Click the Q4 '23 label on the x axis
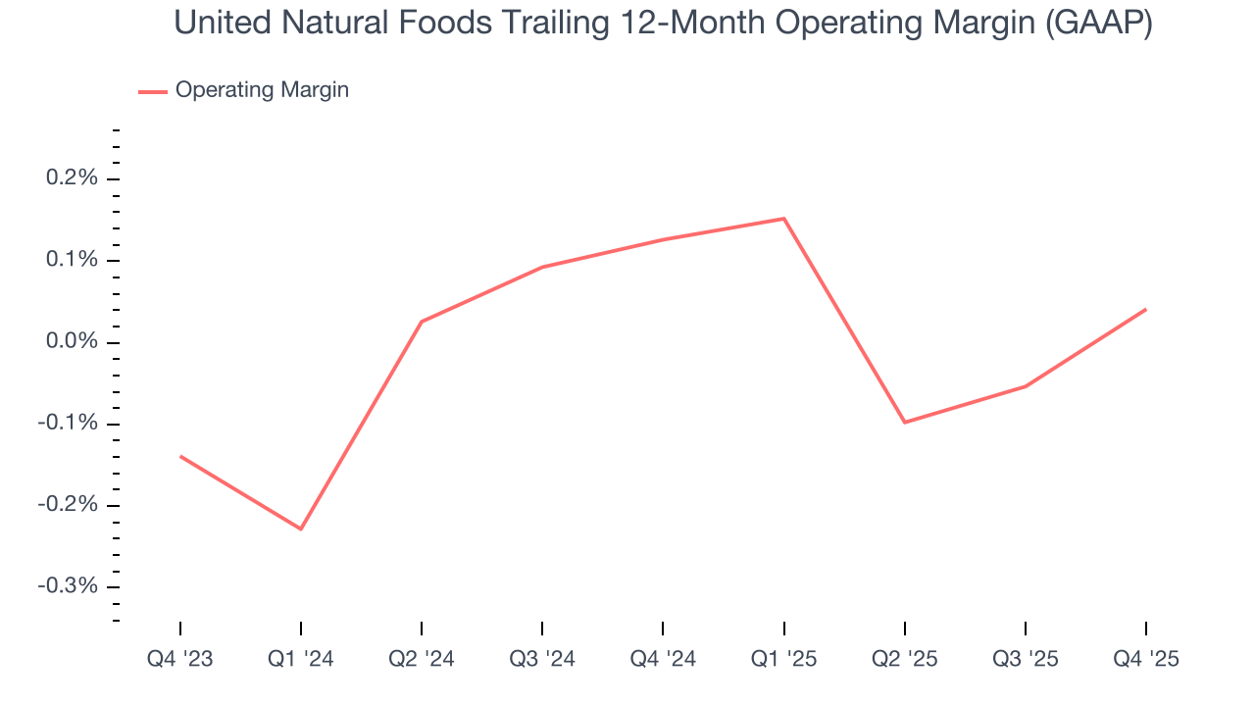(x=179, y=659)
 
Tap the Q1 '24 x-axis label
(x=300, y=659)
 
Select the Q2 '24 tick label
(x=421, y=659)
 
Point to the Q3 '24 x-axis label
(x=542, y=659)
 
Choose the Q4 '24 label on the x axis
(x=663, y=659)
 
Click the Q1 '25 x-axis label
(x=783, y=659)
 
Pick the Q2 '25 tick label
(x=904, y=659)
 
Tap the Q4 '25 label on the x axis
(x=1146, y=659)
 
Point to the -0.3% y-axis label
(x=70, y=586)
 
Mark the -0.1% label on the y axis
(x=70, y=424)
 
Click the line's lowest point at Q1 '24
(x=300, y=529)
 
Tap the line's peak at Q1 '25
(x=783, y=219)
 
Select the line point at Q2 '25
(x=904, y=423)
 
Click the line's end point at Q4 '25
(x=1146, y=310)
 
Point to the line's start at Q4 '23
(x=180, y=456)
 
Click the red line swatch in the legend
(x=153, y=91)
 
